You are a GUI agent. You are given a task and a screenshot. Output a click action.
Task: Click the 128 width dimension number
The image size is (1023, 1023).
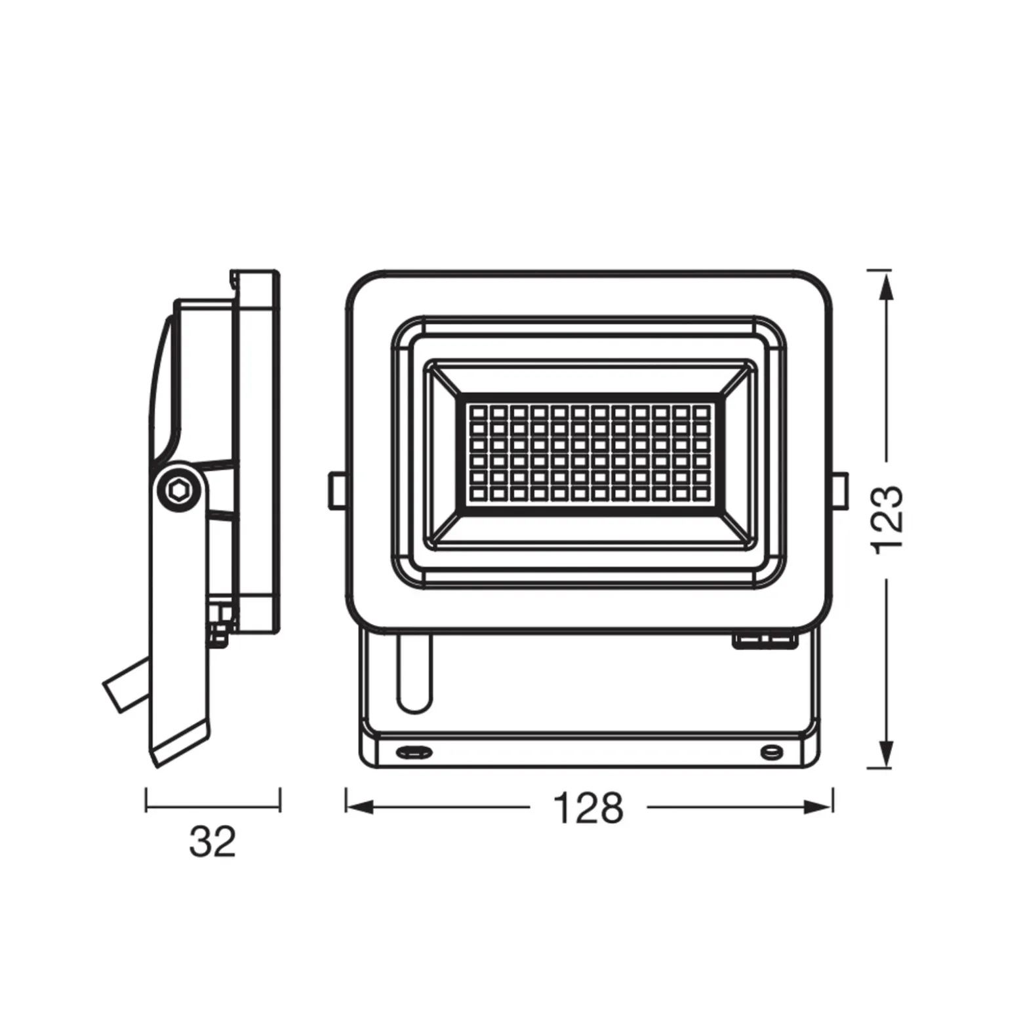588,808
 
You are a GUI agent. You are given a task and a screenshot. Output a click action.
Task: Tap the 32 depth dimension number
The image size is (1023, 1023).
212,841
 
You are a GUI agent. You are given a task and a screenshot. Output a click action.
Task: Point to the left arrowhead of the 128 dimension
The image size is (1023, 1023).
360,807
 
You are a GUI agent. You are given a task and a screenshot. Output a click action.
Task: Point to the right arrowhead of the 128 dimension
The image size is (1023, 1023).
818,807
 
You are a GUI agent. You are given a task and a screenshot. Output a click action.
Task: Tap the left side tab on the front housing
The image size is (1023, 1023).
337,490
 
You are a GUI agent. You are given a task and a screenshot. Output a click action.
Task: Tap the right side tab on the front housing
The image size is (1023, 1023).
840,490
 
